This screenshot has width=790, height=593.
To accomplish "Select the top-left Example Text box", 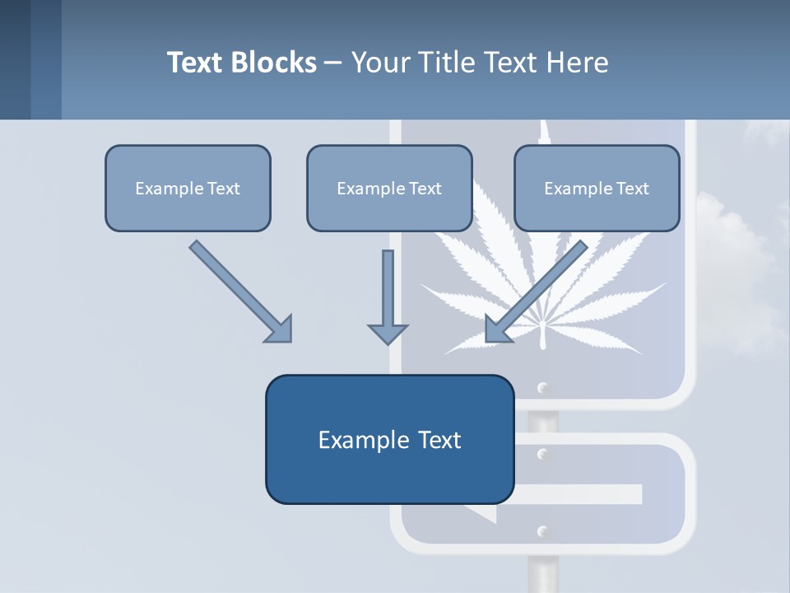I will coord(188,188).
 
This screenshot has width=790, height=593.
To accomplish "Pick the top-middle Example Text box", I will coord(389,188).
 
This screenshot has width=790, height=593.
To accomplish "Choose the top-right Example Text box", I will coord(597,188).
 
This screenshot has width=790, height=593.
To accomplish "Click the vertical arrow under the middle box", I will coord(388,288).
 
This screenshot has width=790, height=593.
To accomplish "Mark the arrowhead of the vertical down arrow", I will coord(388,333).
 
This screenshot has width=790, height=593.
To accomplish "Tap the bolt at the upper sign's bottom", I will coord(541,388).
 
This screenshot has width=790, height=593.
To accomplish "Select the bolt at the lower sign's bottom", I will coord(541,532).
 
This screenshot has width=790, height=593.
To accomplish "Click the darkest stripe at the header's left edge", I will coord(15,59).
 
